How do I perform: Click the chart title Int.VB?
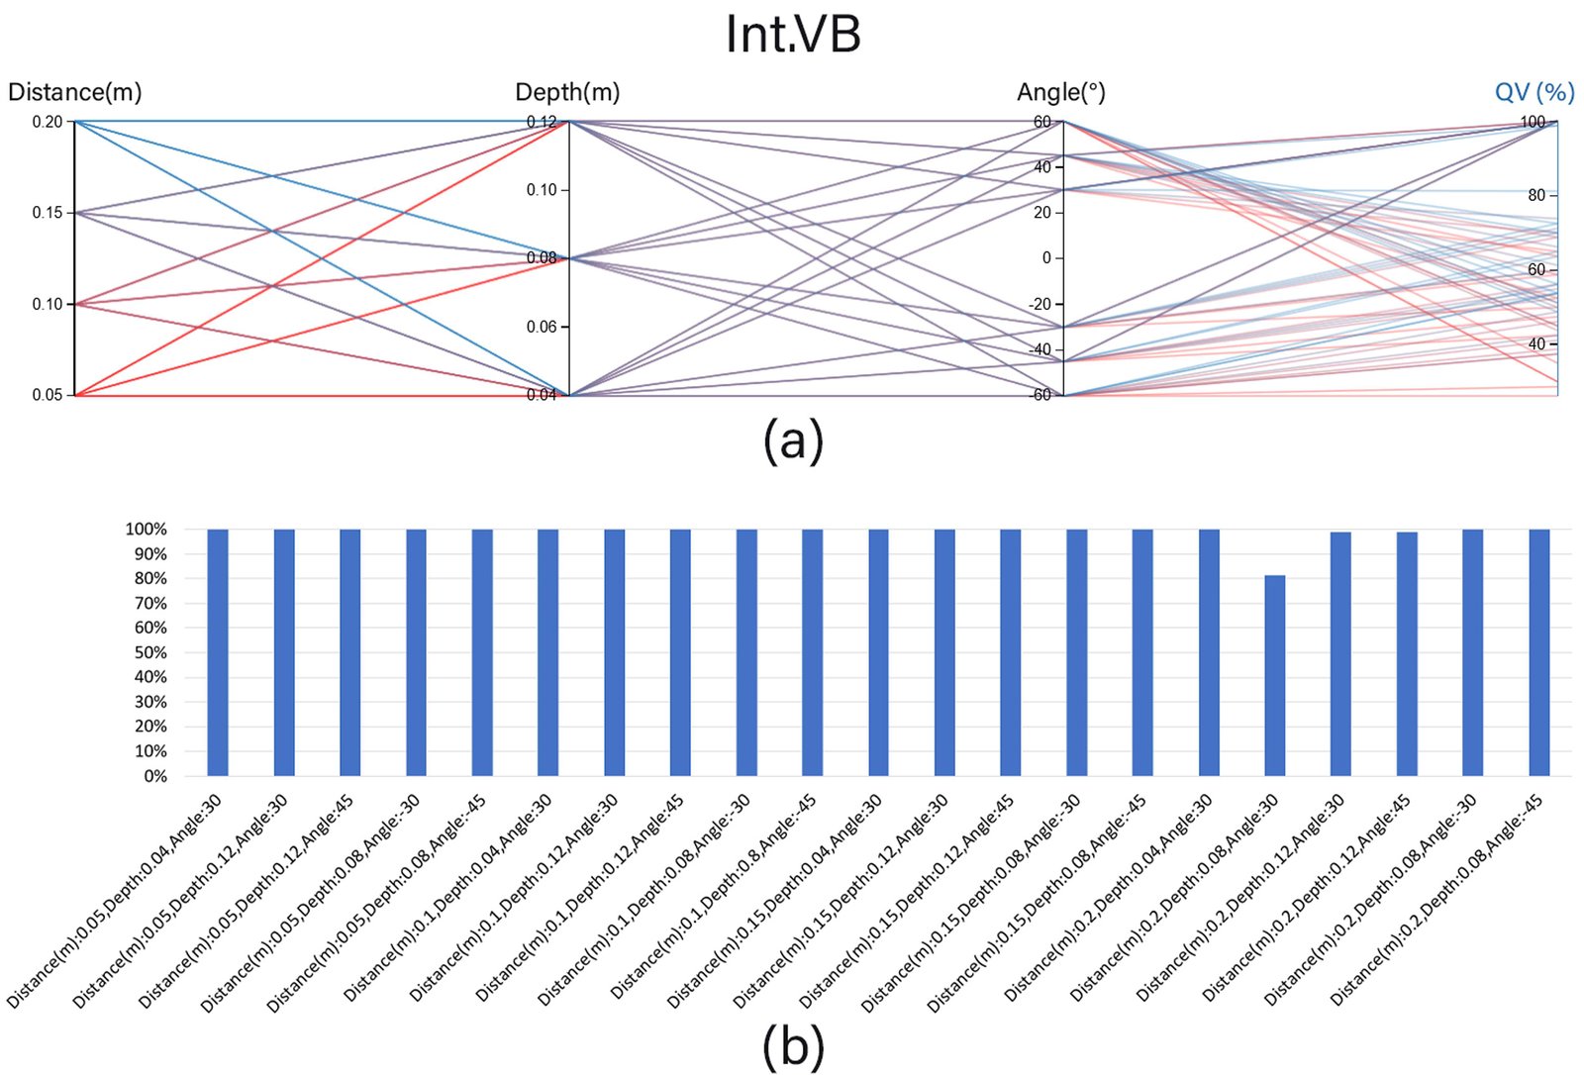793,35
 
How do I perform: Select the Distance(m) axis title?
75,93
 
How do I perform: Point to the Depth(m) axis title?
567,93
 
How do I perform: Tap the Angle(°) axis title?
1060,93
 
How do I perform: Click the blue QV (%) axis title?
1534,93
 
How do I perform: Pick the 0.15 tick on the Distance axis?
48,213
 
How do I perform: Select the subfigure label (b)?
793,1046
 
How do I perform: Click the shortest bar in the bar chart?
1275,676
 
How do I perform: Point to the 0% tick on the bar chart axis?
155,776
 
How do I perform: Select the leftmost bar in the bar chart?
218,652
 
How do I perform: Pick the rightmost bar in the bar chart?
1539,652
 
